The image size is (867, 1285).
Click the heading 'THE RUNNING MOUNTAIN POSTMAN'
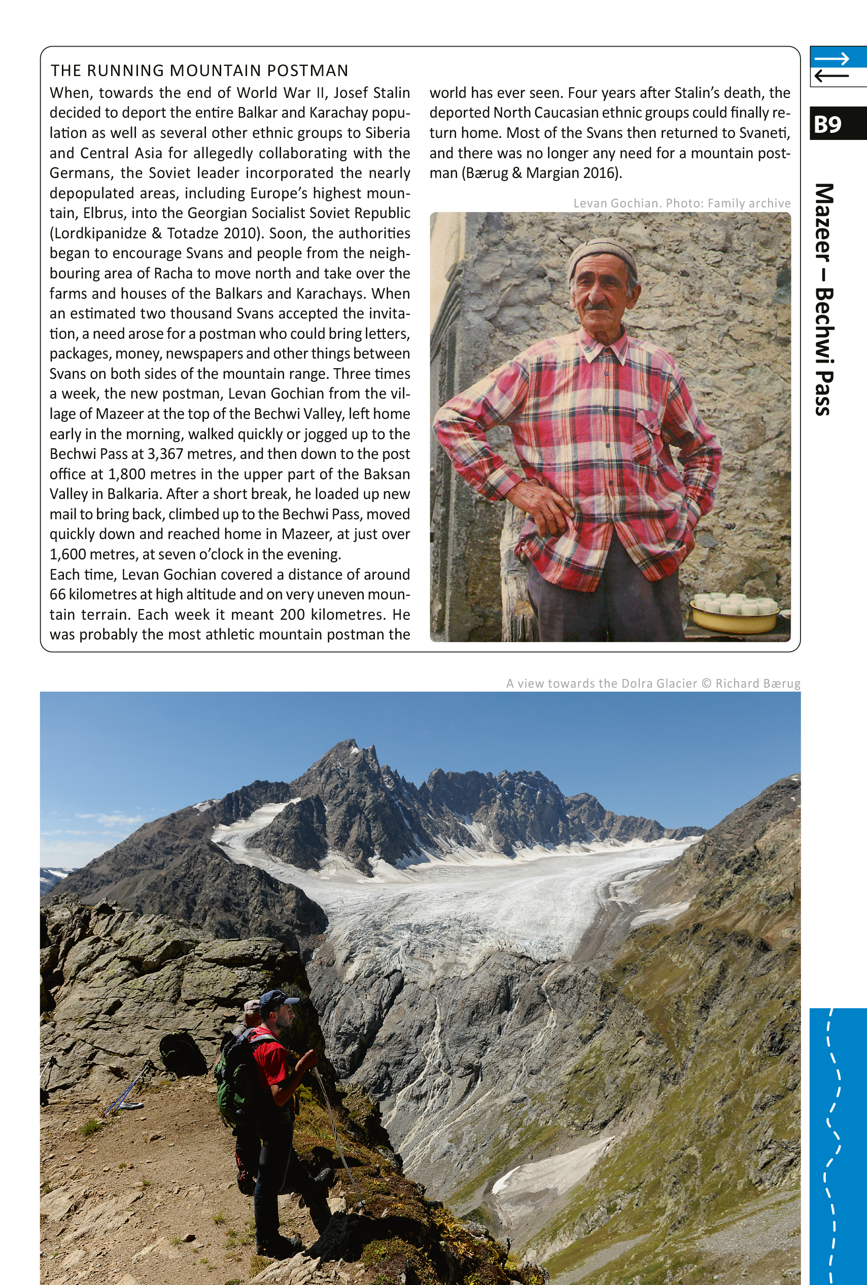pos(199,71)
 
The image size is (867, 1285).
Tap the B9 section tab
pos(828,124)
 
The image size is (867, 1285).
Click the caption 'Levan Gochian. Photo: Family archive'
pos(681,203)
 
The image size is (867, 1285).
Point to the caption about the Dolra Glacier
pos(652,684)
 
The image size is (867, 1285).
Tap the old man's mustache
pos(598,304)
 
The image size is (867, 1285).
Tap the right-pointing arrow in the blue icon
pos(831,59)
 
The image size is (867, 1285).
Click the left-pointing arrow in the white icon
pos(831,76)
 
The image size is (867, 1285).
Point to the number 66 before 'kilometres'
pos(57,595)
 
